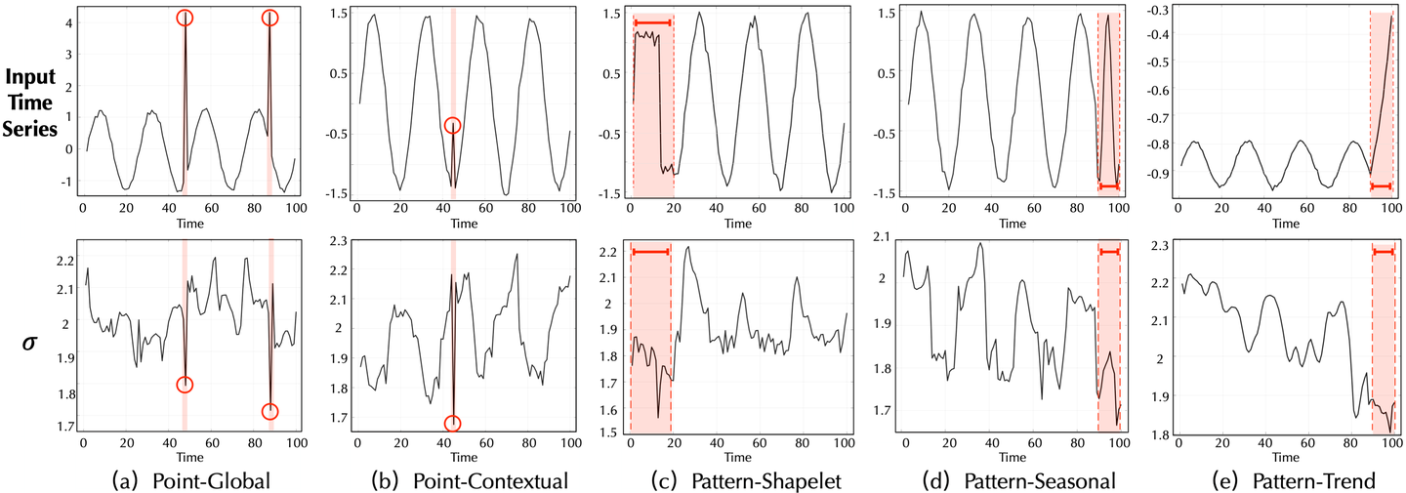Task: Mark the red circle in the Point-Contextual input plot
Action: pos(452,126)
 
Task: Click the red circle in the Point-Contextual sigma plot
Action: pos(452,424)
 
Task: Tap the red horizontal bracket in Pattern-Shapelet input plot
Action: pos(652,22)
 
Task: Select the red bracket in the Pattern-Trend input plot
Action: pos(1381,185)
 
